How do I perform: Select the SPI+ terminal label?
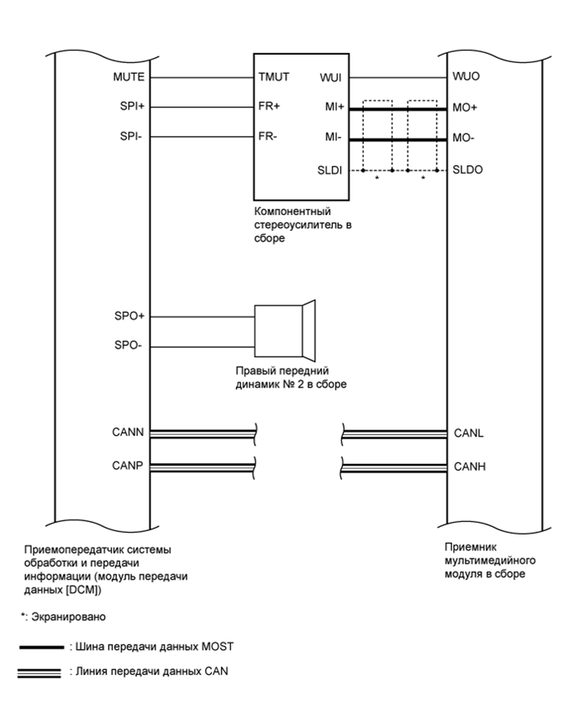130,107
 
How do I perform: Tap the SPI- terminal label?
131,137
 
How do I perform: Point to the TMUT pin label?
273,77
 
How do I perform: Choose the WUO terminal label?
466,77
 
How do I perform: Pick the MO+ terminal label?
465,107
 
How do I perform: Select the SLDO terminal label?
467,169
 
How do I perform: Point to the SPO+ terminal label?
130,316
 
